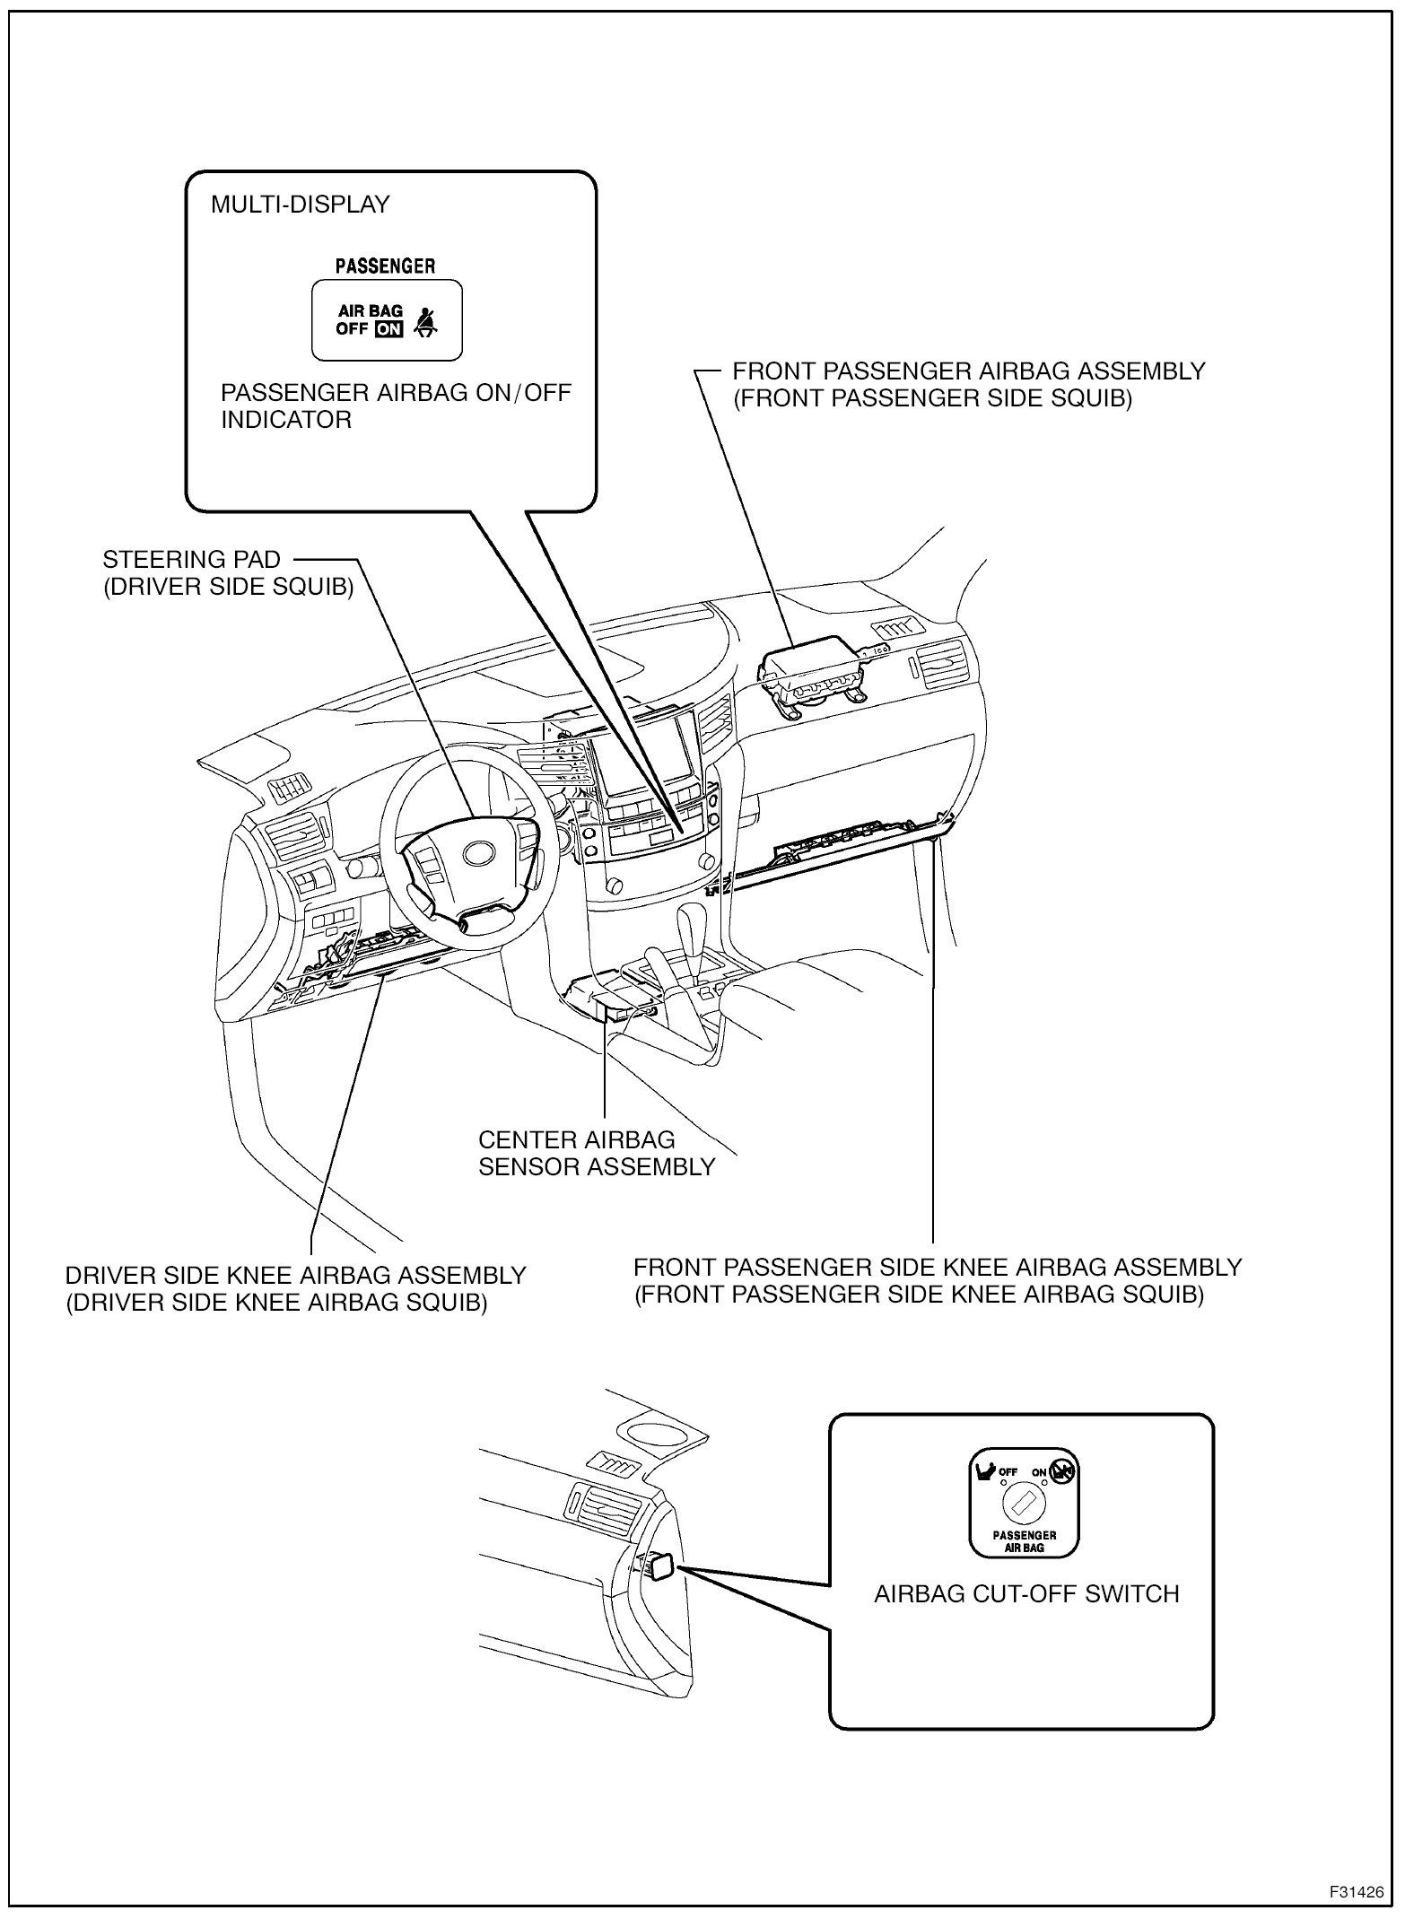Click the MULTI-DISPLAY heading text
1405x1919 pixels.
coord(300,205)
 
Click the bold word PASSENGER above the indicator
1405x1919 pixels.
coord(385,266)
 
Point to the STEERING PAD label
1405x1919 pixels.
coord(191,560)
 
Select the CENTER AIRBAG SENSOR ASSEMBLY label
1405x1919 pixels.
coord(596,1154)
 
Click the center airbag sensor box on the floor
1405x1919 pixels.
coord(619,1001)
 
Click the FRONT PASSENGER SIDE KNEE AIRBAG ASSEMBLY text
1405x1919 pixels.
coord(937,1268)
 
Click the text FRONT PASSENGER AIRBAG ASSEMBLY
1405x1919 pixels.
coord(968,371)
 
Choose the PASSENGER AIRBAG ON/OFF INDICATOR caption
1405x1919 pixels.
coord(395,406)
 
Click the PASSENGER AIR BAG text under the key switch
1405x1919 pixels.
coord(1024,1541)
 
